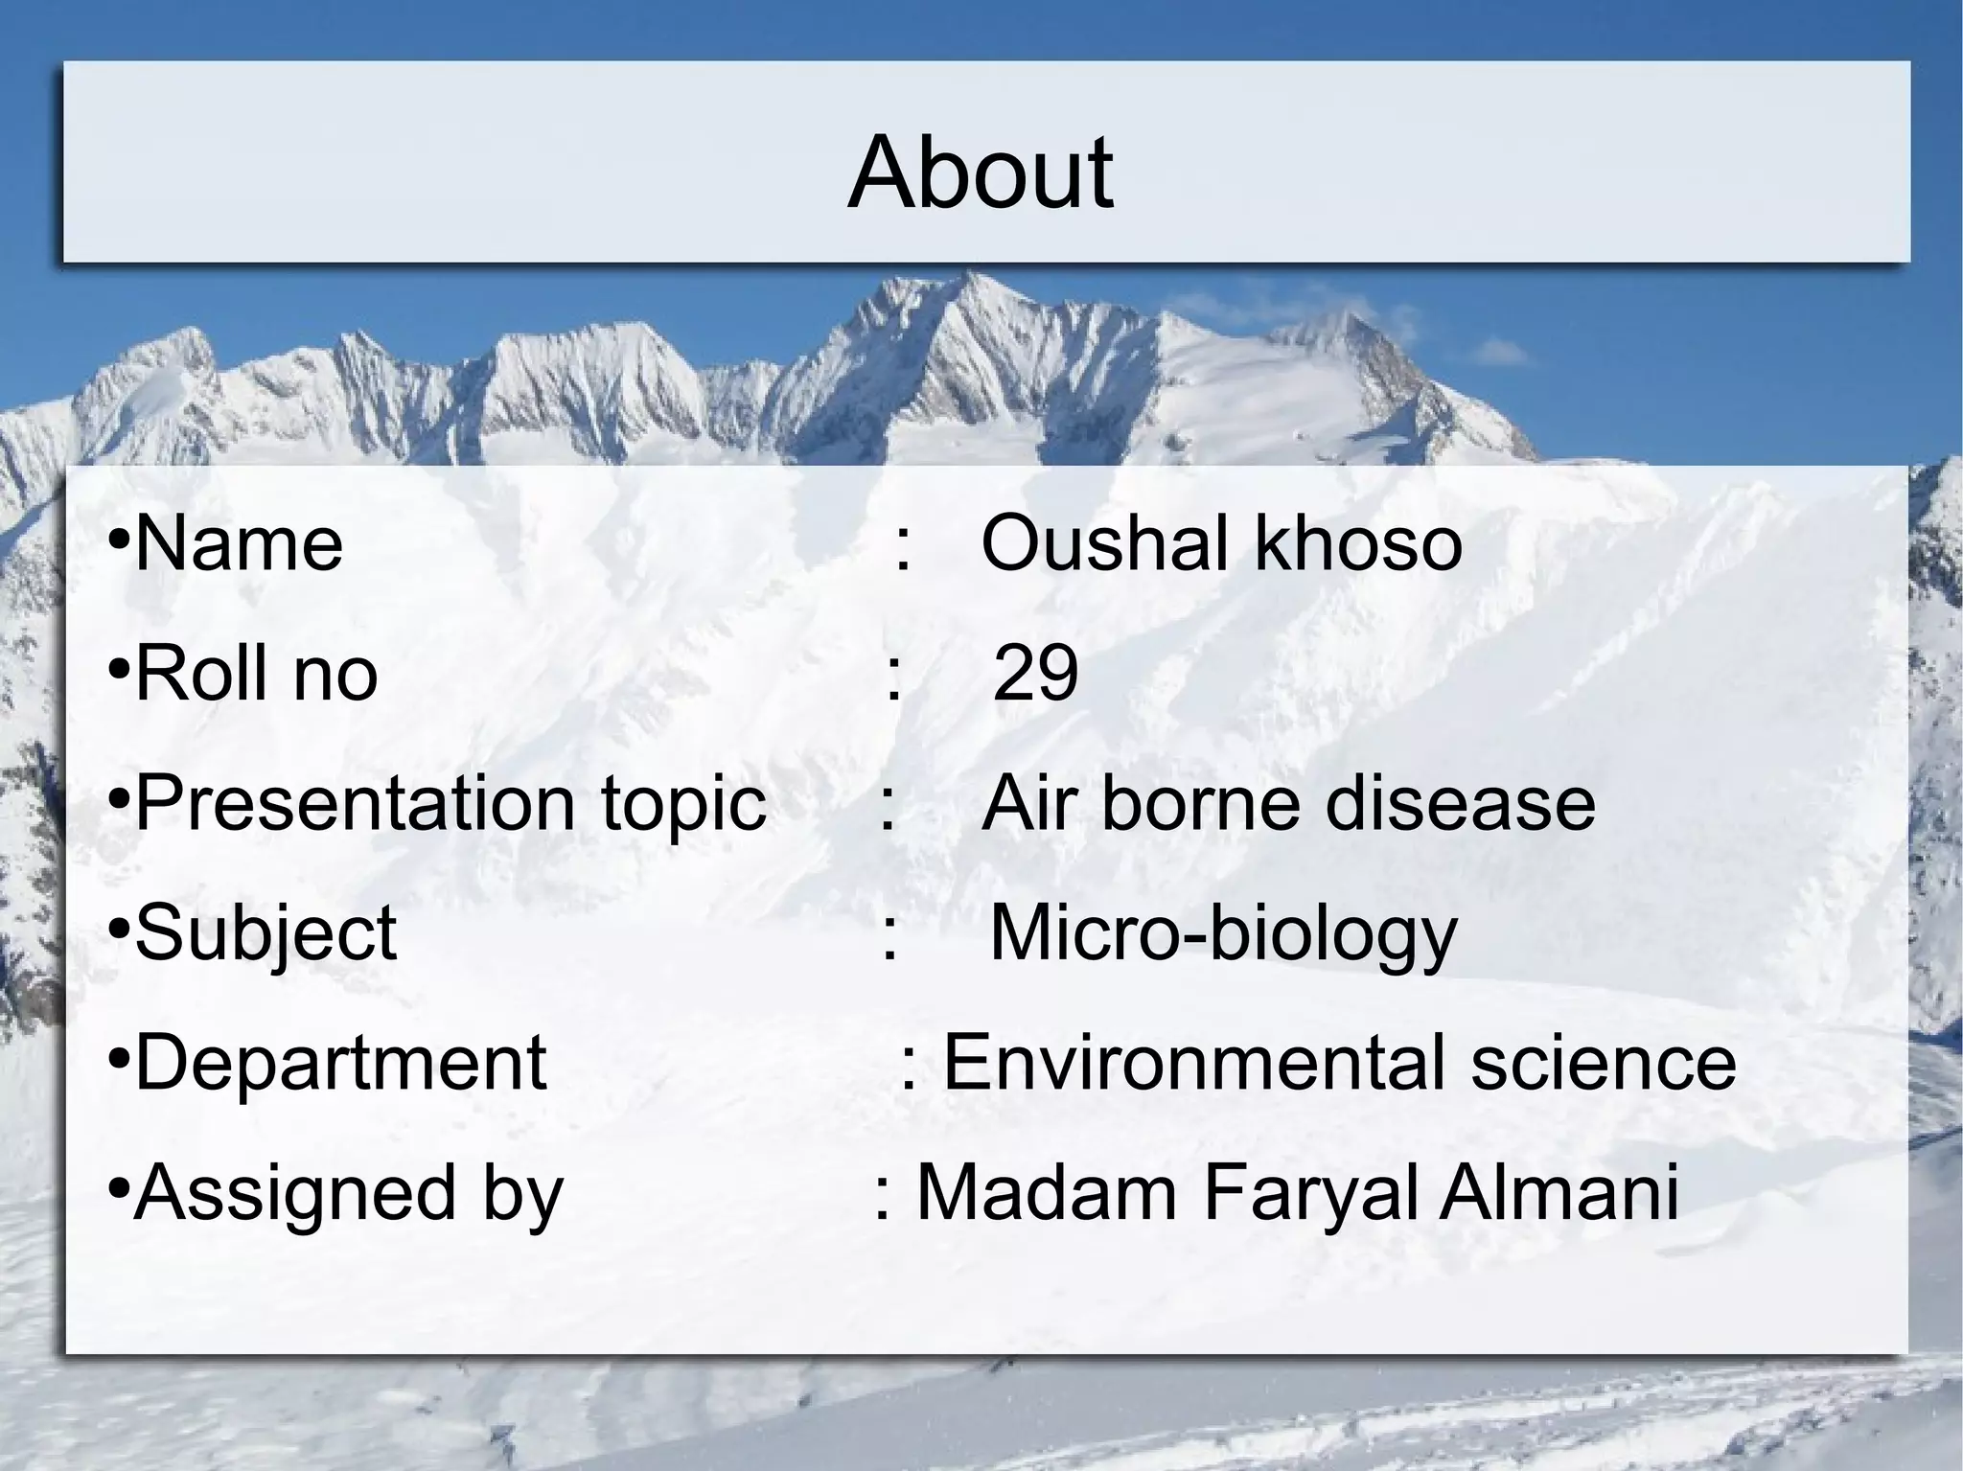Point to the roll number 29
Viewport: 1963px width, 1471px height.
click(x=1035, y=673)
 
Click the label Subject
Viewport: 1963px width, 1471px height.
click(x=266, y=933)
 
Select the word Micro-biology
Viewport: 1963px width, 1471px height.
click(x=1222, y=935)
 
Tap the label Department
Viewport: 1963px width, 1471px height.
click(x=340, y=1063)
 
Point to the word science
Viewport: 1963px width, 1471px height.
click(x=1604, y=1063)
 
